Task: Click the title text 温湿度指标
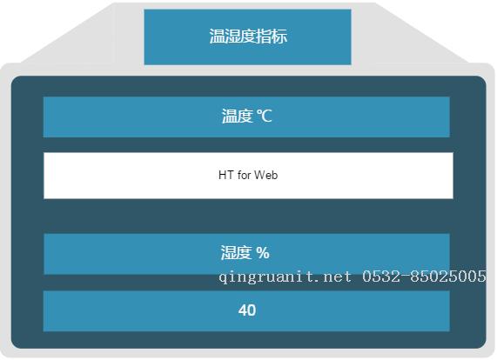tap(248, 37)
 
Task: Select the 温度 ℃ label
tap(247, 117)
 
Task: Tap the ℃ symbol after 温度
tap(265, 117)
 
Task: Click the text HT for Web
tap(248, 175)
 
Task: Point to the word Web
tap(266, 175)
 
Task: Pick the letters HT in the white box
tap(226, 175)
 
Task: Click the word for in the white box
tap(244, 175)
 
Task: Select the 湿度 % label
tap(245, 253)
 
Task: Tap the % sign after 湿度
tap(263, 253)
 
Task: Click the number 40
tap(247, 310)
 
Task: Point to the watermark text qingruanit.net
tap(285, 277)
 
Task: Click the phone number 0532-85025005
tap(424, 277)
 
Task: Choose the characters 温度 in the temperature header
tap(237, 117)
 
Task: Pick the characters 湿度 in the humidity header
tap(236, 253)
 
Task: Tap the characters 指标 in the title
tap(272, 37)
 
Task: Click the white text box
tap(249, 176)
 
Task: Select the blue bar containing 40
tap(246, 311)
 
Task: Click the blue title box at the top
tap(247, 37)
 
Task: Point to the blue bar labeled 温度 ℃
tap(246, 117)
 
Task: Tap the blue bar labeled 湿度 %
tap(246, 254)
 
